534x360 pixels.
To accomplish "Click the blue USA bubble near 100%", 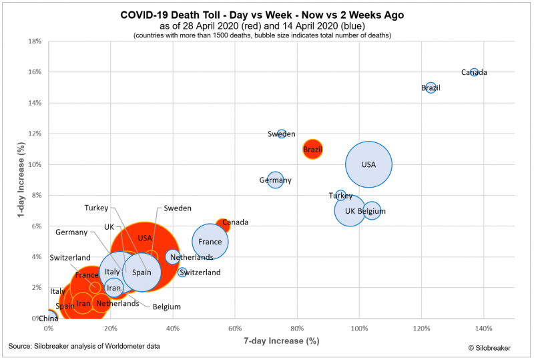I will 368,164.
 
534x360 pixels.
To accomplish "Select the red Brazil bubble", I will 312,149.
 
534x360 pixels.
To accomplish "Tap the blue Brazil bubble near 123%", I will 431,87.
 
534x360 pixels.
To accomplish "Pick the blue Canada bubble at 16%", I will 474,72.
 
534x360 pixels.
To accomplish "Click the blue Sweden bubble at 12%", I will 282,134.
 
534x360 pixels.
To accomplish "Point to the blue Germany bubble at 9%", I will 275,180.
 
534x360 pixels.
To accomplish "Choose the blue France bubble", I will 210,242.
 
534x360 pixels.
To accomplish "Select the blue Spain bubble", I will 142,272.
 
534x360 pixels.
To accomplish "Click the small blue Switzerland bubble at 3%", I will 182,273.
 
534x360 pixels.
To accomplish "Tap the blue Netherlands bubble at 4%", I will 173,256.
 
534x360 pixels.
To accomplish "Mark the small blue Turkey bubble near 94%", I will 340,195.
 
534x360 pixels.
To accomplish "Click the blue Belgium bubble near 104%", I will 372,210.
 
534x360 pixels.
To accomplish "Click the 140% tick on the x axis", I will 484,329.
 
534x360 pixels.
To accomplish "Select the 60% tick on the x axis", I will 235,329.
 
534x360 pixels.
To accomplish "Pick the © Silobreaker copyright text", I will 491,347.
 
